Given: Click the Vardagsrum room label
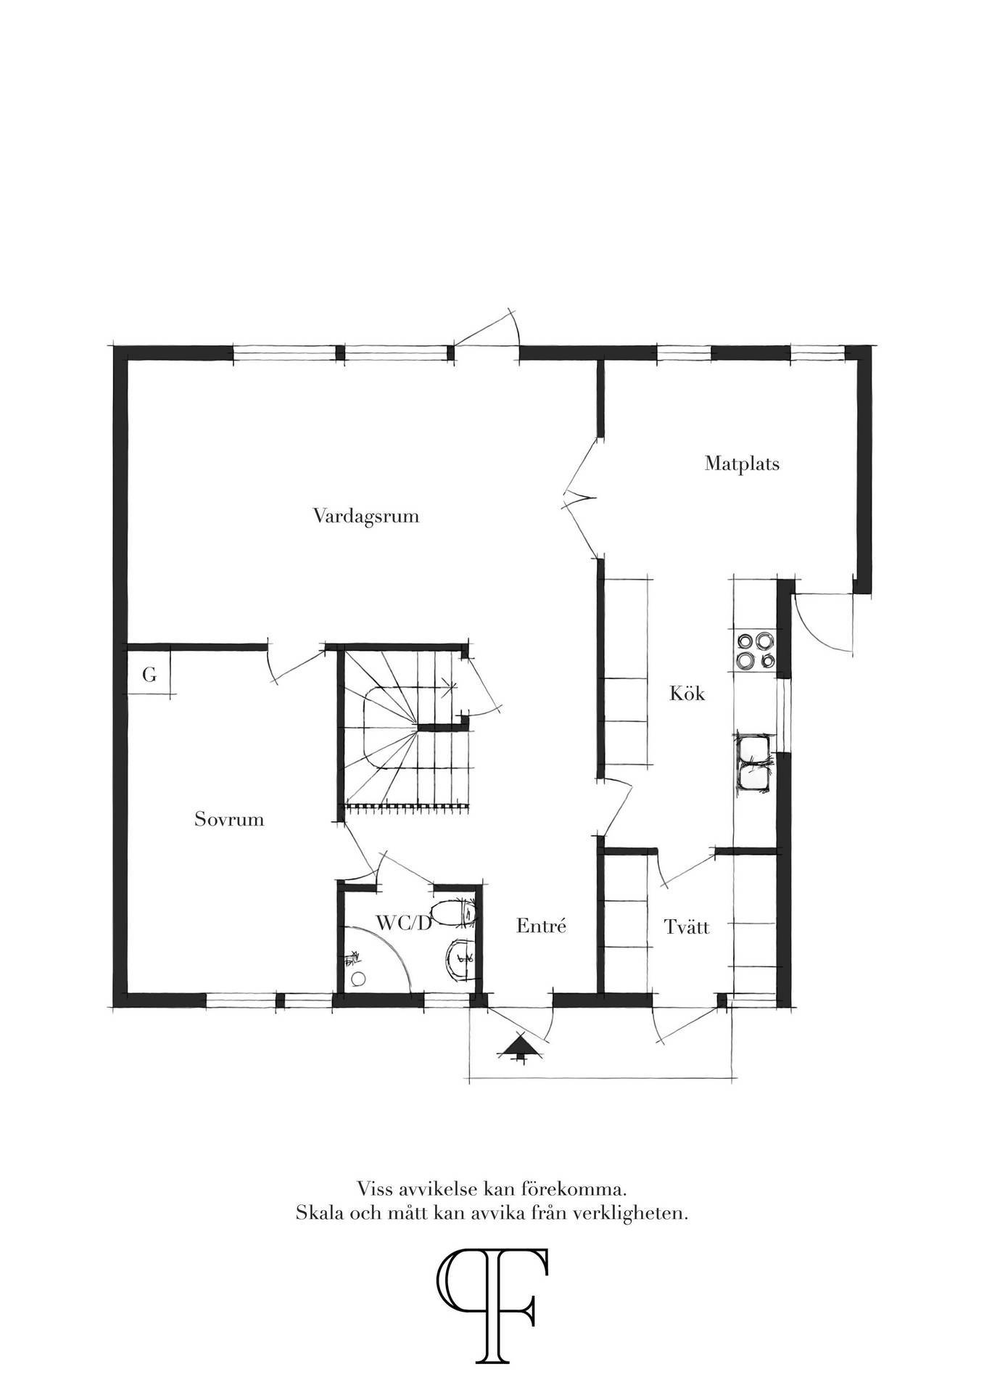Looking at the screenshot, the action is (x=366, y=517).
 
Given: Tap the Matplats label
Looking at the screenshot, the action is (x=742, y=464).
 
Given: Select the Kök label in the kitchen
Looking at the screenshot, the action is (x=687, y=694).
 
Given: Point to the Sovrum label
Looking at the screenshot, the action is (x=229, y=820).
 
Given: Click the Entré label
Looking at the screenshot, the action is (x=541, y=926).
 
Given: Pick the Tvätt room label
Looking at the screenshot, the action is (x=687, y=926).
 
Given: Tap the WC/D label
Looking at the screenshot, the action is (x=404, y=923).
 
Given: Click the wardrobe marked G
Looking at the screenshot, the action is (x=149, y=675).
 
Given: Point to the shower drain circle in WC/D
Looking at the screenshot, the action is (x=357, y=979).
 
